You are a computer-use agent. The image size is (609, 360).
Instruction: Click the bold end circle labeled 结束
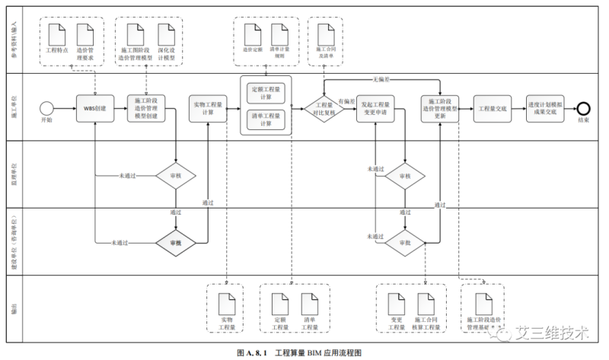584,108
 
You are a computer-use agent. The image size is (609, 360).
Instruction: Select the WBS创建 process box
94,108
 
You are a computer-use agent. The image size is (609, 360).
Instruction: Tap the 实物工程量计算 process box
208,108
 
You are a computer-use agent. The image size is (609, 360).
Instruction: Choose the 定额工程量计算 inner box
266,92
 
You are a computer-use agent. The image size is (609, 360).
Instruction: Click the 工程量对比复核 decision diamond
324,108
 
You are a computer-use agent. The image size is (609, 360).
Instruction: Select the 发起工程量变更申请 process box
375,108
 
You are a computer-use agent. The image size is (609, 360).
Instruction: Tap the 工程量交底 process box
493,108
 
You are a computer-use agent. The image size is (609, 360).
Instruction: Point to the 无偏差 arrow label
381,78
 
